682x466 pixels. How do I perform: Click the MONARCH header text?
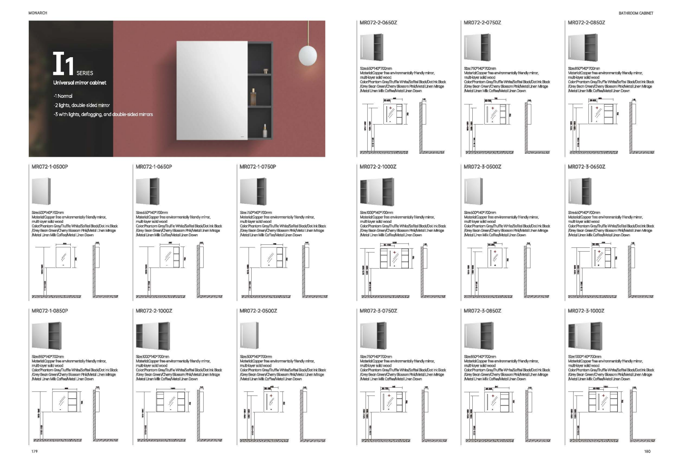click(x=38, y=13)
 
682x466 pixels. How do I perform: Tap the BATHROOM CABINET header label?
click(x=635, y=13)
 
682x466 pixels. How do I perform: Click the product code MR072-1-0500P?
click(x=50, y=167)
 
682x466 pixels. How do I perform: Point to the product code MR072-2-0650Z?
click(x=378, y=23)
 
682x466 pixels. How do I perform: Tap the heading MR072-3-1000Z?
click(x=586, y=311)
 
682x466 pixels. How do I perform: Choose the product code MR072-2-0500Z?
click(x=258, y=311)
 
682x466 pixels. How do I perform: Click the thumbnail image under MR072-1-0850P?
click(x=47, y=336)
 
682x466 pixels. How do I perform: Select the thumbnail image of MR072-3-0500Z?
click(x=474, y=191)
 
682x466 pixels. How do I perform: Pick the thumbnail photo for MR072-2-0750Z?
click(x=477, y=47)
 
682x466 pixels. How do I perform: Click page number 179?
click(x=34, y=451)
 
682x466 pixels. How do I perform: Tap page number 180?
click(x=647, y=451)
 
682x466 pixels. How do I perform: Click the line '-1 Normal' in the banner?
click(x=63, y=96)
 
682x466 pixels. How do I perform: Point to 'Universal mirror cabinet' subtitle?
click(x=80, y=83)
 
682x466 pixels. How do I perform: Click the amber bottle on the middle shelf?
click(x=254, y=97)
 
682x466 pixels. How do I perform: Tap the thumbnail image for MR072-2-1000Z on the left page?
click(x=153, y=336)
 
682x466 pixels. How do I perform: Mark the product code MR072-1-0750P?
click(x=258, y=167)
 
